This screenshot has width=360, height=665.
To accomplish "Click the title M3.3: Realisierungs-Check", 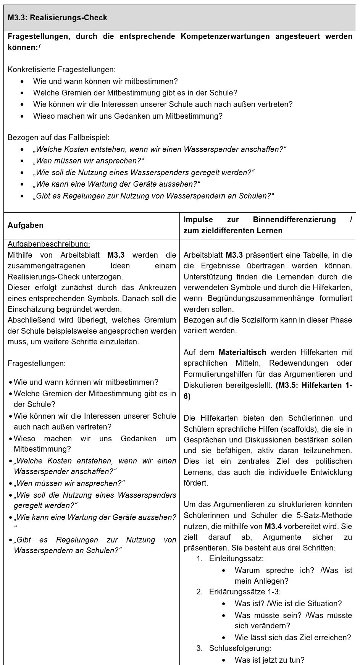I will click(57, 18).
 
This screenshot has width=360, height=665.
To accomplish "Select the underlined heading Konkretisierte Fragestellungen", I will click(61, 69).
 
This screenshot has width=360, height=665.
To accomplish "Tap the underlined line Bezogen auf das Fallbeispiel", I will click(58, 137).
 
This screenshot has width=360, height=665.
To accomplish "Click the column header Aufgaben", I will click(25, 225).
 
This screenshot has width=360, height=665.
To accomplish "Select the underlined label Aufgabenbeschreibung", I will click(49, 244).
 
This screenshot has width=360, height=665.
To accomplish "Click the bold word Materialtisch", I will click(242, 352).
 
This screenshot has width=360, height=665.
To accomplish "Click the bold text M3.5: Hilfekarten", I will click(310, 385).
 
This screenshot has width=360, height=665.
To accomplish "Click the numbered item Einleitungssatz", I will click(236, 558).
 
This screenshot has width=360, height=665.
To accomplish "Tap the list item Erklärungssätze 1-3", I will click(244, 592).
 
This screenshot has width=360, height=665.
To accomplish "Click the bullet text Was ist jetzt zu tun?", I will click(270, 660).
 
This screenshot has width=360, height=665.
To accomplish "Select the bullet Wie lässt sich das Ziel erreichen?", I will click(292, 637).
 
